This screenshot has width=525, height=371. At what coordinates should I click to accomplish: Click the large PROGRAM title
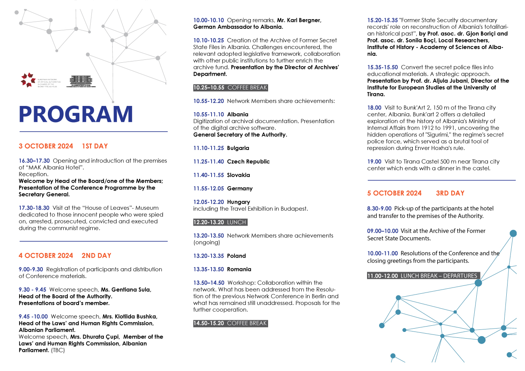pos(76,114)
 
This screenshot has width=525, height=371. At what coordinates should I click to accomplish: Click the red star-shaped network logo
pos(28,80)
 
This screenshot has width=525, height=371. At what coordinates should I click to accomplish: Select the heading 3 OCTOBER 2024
pos(46,146)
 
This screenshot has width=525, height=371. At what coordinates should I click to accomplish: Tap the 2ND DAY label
pos(96,256)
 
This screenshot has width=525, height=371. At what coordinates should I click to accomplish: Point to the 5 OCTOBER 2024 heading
pos(394,193)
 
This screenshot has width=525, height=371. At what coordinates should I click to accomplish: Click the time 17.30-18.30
pos(34,208)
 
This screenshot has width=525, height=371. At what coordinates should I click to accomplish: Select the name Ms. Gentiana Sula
pos(126,290)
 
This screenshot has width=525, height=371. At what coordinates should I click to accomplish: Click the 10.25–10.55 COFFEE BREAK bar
pos(230,88)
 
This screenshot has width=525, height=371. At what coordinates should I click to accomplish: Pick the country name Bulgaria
pos(238,148)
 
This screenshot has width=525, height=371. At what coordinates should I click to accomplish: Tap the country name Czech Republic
pos(248,162)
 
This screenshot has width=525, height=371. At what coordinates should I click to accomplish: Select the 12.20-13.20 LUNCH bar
pos(220,222)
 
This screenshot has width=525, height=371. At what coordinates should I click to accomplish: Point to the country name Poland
pos(237,256)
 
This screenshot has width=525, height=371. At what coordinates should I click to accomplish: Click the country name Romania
pos(239,269)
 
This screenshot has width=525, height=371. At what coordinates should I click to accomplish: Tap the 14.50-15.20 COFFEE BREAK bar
pos(230,323)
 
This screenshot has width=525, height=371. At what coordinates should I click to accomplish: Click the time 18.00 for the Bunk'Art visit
pos(374,108)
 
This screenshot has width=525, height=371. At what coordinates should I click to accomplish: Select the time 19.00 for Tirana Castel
pos(374,162)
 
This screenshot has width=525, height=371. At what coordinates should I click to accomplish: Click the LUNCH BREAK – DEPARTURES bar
pos(423,276)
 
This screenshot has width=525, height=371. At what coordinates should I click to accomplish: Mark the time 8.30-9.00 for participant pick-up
pos(379,209)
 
